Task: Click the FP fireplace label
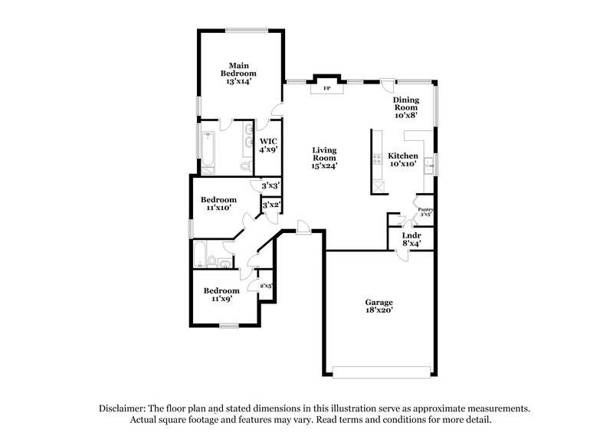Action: [x=326, y=89]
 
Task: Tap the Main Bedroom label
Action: [x=238, y=74]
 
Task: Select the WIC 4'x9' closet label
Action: [x=267, y=146]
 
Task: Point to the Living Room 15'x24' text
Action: [x=325, y=157]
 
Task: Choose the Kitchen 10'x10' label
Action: [x=402, y=159]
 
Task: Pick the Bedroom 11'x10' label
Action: [x=217, y=203]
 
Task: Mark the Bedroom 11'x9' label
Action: [x=221, y=295]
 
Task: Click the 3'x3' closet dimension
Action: [x=270, y=185]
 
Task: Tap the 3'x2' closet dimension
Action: [x=270, y=205]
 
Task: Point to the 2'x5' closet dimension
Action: [x=266, y=286]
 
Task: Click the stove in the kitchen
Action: [x=377, y=159]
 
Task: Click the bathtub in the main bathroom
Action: [x=208, y=149]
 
